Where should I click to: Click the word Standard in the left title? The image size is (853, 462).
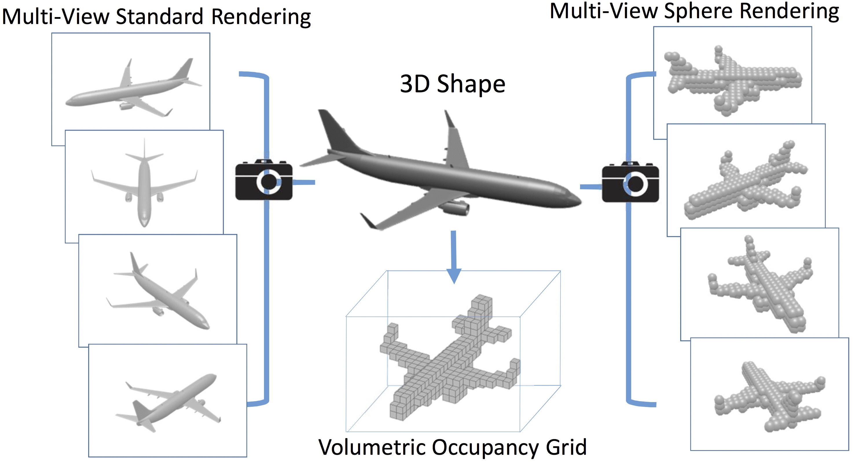pyautogui.click(x=159, y=16)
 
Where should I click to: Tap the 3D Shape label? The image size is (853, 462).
pyautogui.click(x=452, y=84)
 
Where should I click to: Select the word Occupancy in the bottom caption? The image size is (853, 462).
pyautogui.click(x=487, y=448)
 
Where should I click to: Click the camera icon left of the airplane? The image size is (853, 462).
pyautogui.click(x=264, y=181)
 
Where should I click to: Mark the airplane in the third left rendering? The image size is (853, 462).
pyautogui.click(x=159, y=291)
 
